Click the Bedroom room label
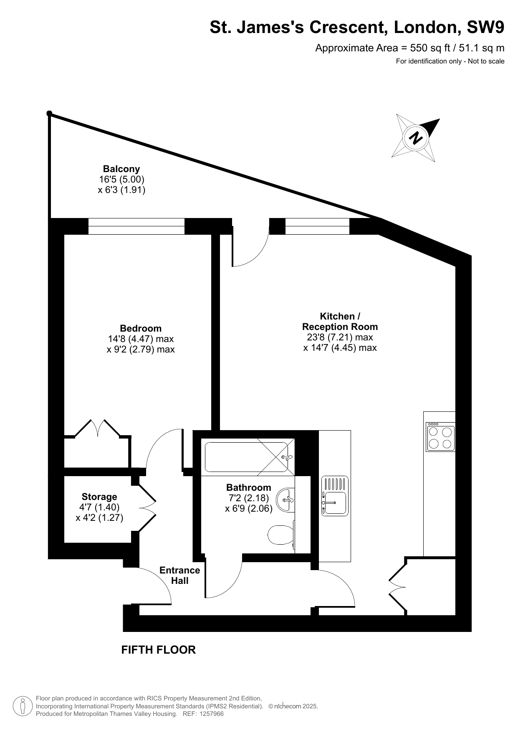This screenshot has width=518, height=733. pyautogui.click(x=141, y=328)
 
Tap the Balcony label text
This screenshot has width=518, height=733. pyautogui.click(x=121, y=169)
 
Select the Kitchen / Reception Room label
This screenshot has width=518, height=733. pyautogui.click(x=340, y=321)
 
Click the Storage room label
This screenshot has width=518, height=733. pyautogui.click(x=99, y=497)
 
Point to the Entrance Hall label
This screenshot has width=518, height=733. pyautogui.click(x=180, y=575)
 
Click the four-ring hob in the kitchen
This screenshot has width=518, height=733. pyautogui.click(x=440, y=437)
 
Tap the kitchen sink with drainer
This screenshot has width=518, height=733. pyautogui.click(x=335, y=495)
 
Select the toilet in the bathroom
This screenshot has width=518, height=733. pyautogui.click(x=281, y=535)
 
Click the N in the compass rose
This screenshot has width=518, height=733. pyautogui.click(x=416, y=137)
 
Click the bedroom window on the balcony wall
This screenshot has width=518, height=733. pyautogui.click(x=136, y=226)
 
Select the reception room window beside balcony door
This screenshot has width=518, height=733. pyautogui.click(x=317, y=226)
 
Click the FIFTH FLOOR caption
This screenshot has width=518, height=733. pyautogui.click(x=158, y=650)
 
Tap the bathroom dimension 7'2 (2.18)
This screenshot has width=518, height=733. pyautogui.click(x=249, y=498)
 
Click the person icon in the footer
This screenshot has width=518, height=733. pyautogui.click(x=23, y=706)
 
